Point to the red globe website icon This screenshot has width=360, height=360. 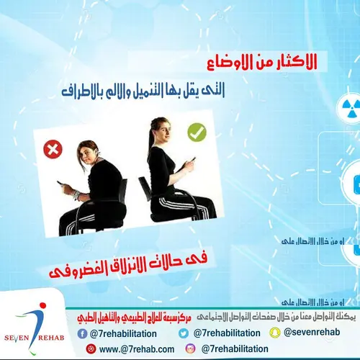[x=91, y=348]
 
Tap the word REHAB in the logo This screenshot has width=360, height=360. [x=58, y=341]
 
